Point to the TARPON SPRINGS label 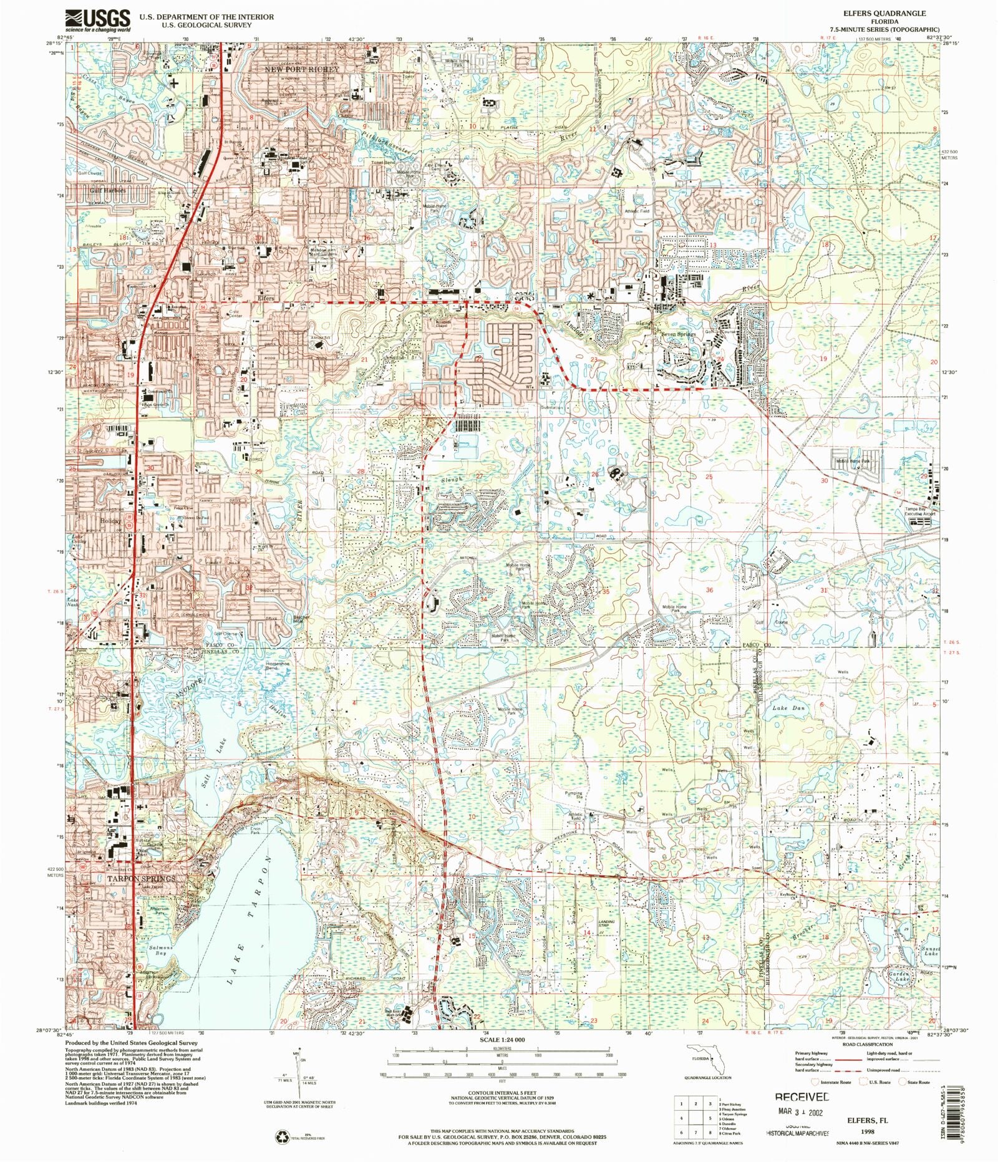point(141,878)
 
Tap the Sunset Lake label point(931,951)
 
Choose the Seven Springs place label point(678,334)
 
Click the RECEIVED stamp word point(802,1097)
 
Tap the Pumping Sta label point(573,796)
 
